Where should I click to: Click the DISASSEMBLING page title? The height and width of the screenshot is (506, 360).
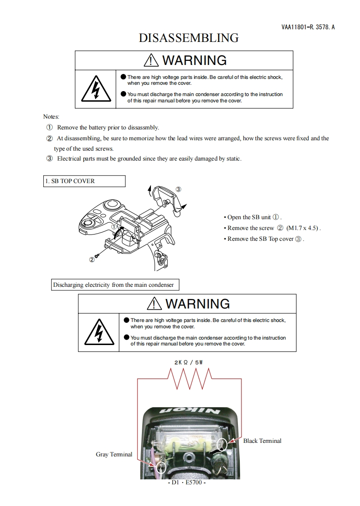(x=188, y=38)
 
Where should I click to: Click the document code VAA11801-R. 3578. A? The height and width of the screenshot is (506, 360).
(x=308, y=27)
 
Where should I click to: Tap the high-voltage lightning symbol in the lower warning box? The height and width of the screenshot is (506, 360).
(x=99, y=333)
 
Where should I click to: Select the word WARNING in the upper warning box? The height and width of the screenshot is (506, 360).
(x=194, y=60)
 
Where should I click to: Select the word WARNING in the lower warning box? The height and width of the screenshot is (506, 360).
(x=197, y=304)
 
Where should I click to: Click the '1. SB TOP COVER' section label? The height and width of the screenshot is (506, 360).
(x=70, y=181)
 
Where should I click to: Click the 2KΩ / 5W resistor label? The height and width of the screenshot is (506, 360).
(x=190, y=362)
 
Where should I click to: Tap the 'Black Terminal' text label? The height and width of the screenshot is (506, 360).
(x=262, y=441)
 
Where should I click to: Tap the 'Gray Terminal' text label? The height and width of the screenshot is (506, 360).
(x=114, y=454)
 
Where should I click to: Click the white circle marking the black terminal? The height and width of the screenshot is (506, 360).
(x=222, y=444)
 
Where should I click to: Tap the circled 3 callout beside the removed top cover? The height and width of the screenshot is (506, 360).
(x=178, y=189)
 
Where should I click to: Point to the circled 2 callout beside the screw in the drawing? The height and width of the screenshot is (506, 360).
(x=92, y=259)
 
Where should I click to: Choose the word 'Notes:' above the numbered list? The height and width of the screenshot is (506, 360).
(x=51, y=117)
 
